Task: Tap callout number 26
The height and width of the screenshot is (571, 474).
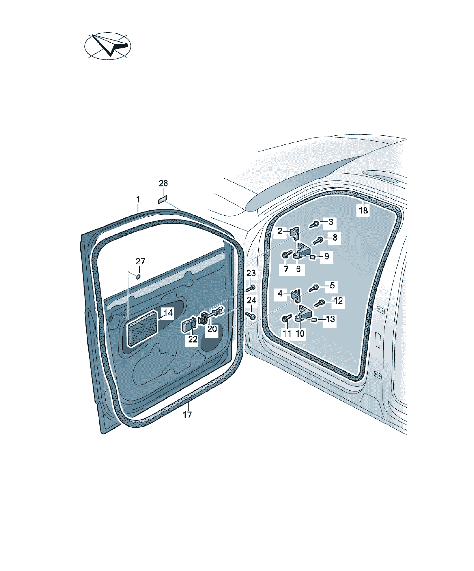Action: (x=163, y=183)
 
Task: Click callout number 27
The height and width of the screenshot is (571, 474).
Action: (x=140, y=261)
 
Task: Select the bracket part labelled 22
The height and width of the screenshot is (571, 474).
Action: (x=188, y=325)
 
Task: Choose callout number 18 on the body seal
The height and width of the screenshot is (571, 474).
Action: (x=363, y=210)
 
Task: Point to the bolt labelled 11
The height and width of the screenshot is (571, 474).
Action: (x=287, y=318)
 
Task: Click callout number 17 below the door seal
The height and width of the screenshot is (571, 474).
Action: (x=187, y=415)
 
